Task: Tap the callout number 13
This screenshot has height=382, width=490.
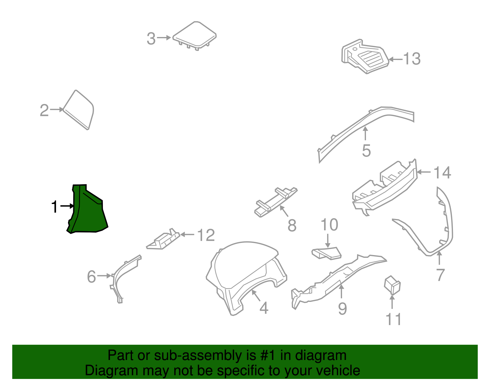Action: click(x=412, y=59)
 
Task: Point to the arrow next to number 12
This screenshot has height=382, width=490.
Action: click(x=187, y=235)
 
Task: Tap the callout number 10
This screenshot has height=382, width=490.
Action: click(x=329, y=225)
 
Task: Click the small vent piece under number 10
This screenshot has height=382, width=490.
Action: click(x=326, y=253)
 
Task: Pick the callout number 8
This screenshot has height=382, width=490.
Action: click(x=292, y=226)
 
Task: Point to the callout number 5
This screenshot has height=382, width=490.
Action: click(x=366, y=151)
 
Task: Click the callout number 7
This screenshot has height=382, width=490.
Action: click(x=440, y=275)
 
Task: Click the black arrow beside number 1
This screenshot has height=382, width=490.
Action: click(x=67, y=206)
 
